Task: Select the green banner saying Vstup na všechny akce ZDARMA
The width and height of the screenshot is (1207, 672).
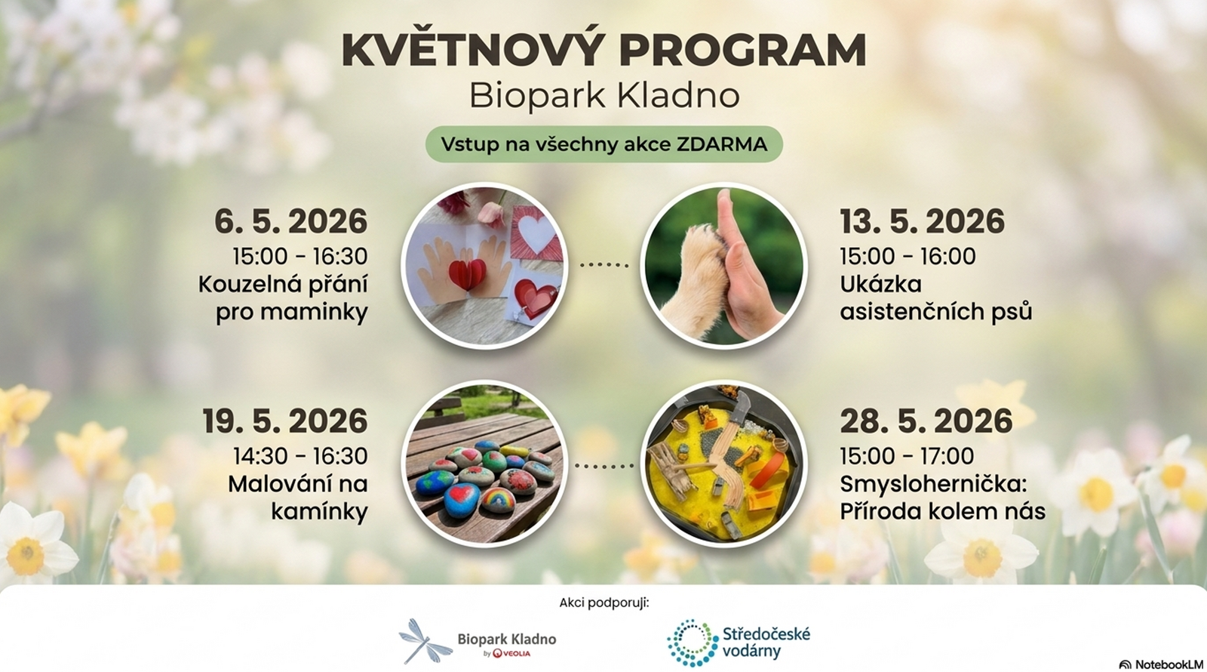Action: (x=604, y=144)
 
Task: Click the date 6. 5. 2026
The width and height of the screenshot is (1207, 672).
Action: (x=291, y=221)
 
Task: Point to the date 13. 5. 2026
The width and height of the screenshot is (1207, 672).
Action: (x=922, y=221)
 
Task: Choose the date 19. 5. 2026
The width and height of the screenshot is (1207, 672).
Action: (x=285, y=421)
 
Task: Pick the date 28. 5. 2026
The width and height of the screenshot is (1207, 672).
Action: (x=926, y=421)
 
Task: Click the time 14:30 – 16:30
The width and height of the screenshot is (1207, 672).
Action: (x=300, y=456)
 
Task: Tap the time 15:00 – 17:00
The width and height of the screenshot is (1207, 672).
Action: (x=907, y=456)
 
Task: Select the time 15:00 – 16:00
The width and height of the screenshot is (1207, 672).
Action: (x=908, y=256)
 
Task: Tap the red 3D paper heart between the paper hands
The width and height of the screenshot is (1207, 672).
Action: (x=467, y=275)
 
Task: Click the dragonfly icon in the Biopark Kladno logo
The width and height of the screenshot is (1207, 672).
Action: (x=425, y=641)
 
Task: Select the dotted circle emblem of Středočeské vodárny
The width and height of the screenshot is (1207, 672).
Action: (x=693, y=643)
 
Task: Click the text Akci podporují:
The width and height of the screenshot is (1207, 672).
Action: (x=604, y=603)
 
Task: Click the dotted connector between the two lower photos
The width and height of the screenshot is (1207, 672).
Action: (x=604, y=465)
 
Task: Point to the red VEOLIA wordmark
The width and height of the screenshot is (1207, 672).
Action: (x=511, y=654)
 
